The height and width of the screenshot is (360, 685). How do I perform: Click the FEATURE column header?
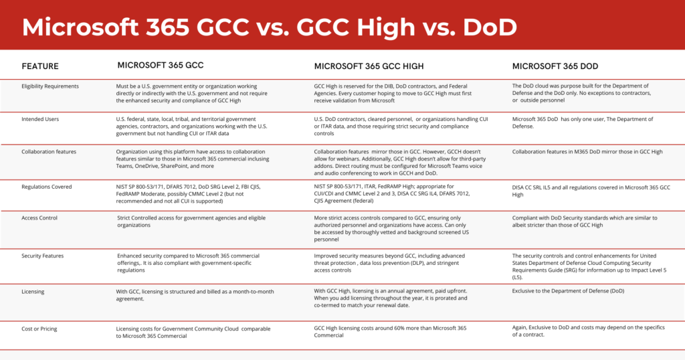pyautogui.click(x=40, y=66)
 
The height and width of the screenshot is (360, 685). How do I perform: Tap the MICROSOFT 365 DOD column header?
pyautogui.click(x=555, y=66)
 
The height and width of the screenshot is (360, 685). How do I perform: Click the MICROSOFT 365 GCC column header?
pyautogui.click(x=161, y=66)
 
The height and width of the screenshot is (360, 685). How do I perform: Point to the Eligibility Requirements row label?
pyautogui.click(x=50, y=86)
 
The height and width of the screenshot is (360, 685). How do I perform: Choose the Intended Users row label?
pyautogui.click(x=40, y=119)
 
